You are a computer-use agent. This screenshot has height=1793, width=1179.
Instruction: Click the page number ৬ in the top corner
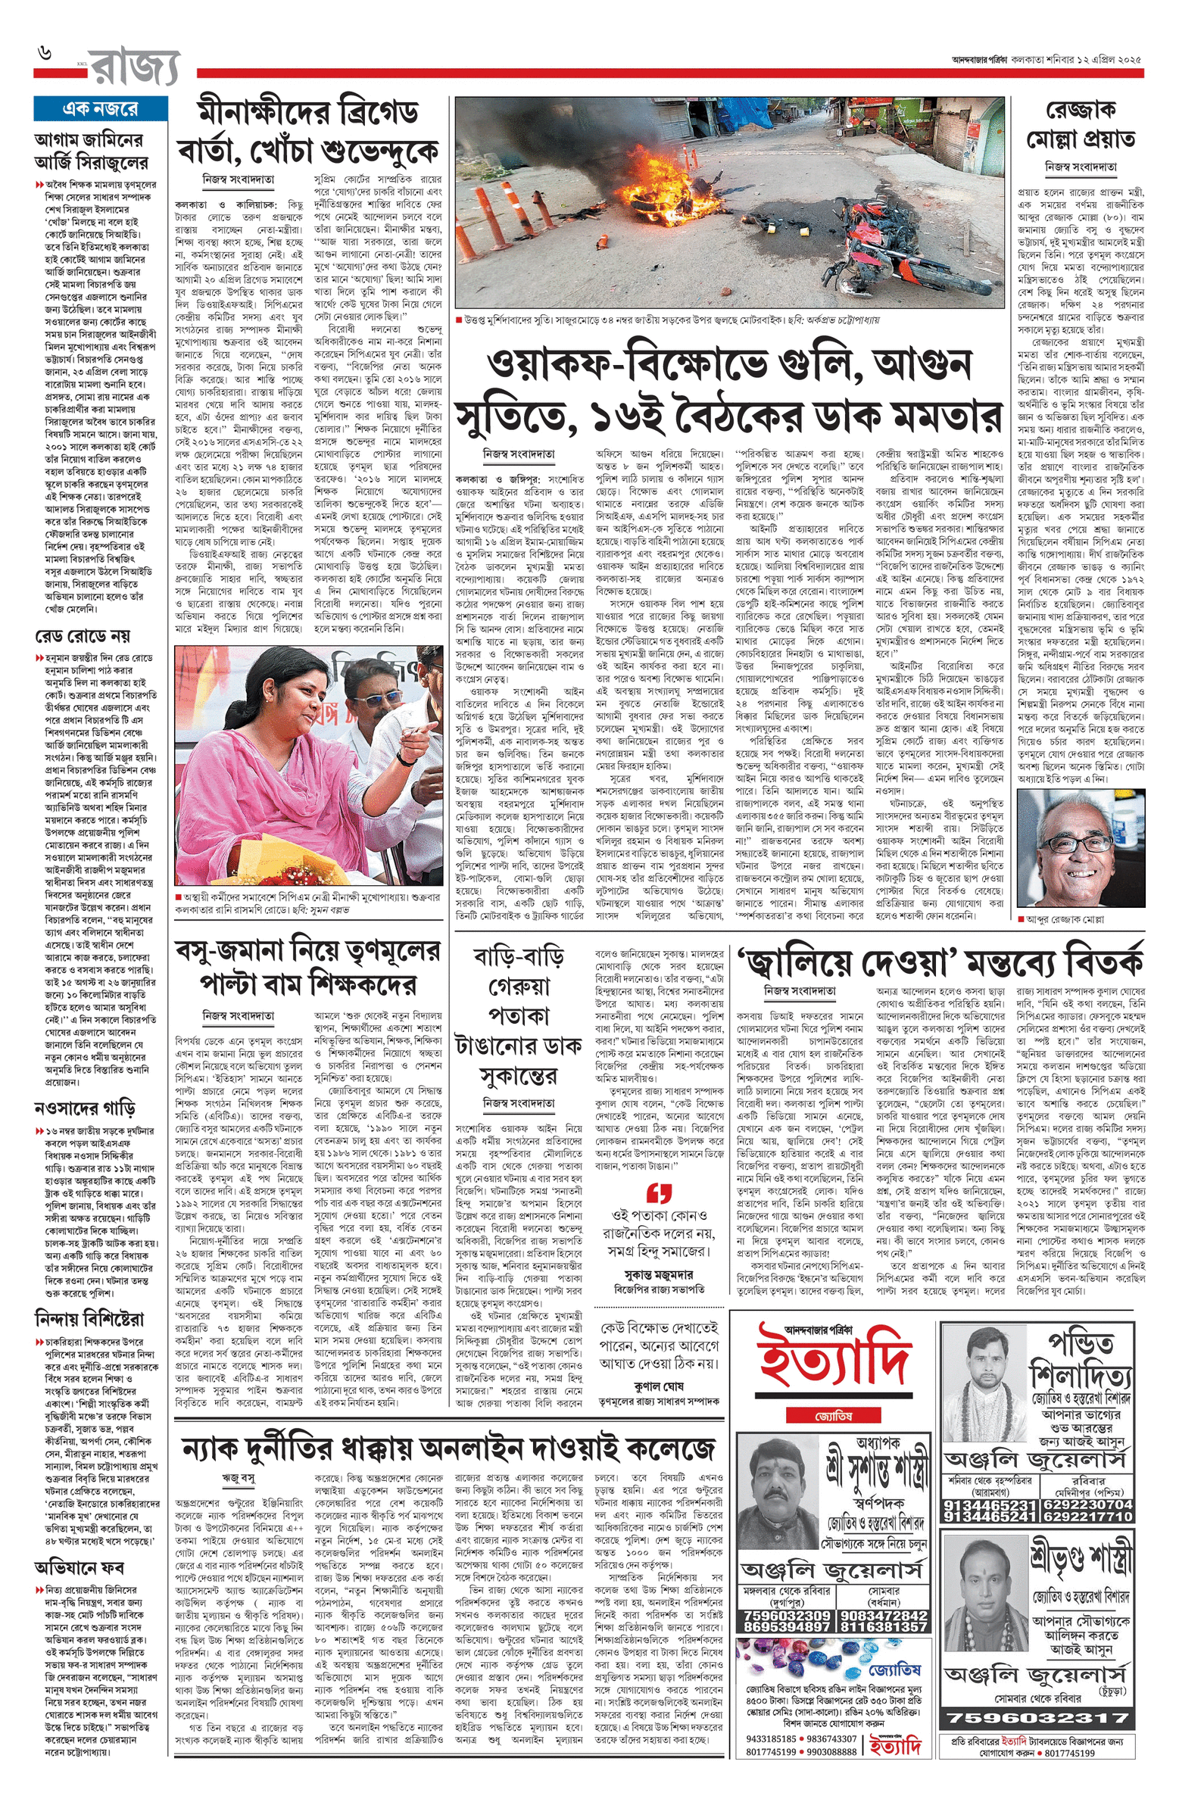(x=46, y=54)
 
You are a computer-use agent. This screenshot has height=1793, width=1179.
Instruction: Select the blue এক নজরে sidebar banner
(x=100, y=108)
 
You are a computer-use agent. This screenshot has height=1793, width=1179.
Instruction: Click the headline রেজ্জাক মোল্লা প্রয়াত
(x=1080, y=126)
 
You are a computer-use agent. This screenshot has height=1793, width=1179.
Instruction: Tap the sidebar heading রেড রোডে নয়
(x=83, y=635)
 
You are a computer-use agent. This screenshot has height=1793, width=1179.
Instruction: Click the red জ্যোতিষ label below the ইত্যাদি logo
(x=834, y=1415)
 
